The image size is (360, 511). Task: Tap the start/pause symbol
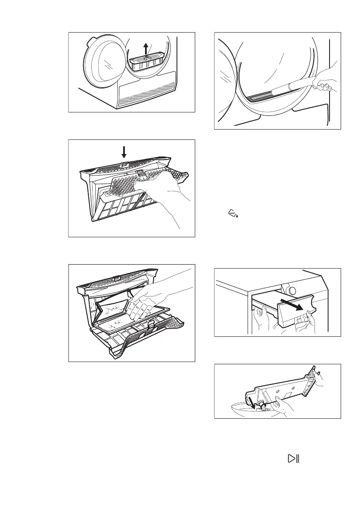tap(293, 459)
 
